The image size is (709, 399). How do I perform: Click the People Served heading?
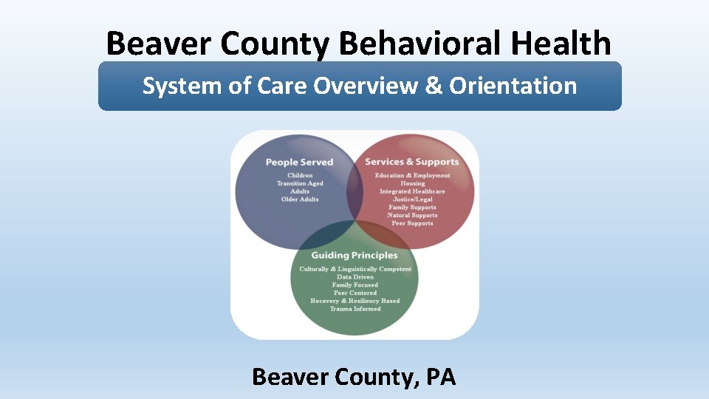[x=299, y=162]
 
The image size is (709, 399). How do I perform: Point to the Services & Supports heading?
[x=412, y=162]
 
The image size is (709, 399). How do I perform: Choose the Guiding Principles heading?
[x=354, y=256]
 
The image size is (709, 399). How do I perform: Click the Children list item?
[x=300, y=176]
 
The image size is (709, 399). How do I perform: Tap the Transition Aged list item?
[x=300, y=183]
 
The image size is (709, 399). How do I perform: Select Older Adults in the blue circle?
[x=300, y=199]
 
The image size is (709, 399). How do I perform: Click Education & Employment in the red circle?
[x=412, y=176]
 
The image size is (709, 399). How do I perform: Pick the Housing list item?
[x=412, y=183]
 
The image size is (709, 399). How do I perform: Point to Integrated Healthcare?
[x=412, y=191]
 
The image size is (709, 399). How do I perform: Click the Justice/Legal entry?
[x=412, y=199]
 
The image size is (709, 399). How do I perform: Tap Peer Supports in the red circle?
[x=412, y=223]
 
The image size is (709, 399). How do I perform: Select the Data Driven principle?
[x=355, y=277]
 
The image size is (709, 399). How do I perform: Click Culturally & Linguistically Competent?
[x=355, y=269]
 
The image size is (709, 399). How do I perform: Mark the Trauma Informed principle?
[x=355, y=309]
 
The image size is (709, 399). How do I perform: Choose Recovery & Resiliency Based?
[x=355, y=301]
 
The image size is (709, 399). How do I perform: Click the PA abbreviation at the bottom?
[x=441, y=377]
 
